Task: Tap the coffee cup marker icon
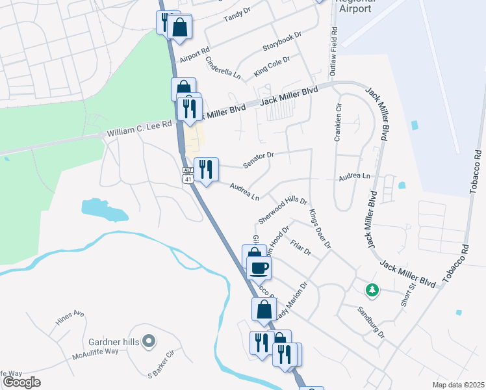pos(259,266)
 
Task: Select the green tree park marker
pos(372,289)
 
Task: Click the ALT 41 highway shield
pos(188,174)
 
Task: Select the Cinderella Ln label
pos(223,67)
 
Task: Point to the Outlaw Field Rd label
pos(334,51)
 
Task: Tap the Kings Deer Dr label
pos(320,229)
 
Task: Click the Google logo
pos(21,382)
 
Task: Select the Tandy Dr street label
pos(237,14)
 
